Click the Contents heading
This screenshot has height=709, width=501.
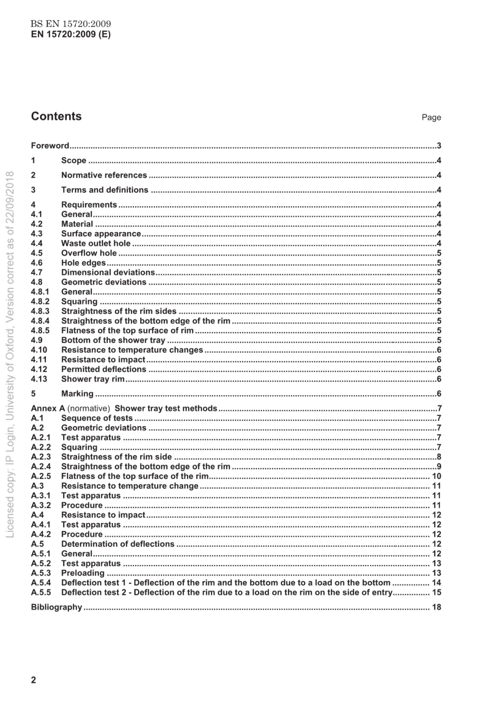tap(56, 116)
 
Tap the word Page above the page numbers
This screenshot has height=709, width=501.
tap(431, 118)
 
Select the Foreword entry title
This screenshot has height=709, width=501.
tap(50, 146)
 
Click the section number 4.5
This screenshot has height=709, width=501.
tap(36, 253)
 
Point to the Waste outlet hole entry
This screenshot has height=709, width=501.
tap(95, 244)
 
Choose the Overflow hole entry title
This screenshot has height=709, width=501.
tap(89, 253)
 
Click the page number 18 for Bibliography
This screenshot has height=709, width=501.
tap(436, 607)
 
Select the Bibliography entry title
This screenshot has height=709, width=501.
tap(56, 607)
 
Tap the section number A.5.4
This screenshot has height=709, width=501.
tap(41, 583)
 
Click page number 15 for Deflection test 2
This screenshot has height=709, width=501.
tap(436, 593)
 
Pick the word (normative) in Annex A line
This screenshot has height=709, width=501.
tap(89, 409)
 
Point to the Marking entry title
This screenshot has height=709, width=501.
tap(77, 394)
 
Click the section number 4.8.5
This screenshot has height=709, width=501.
tap(40, 331)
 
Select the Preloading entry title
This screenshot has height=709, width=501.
tap(83, 573)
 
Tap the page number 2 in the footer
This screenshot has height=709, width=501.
tap(34, 680)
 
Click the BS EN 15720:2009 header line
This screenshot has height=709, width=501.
tap(71, 24)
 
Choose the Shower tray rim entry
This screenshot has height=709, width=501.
tap(93, 379)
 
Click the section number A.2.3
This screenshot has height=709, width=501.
tap(41, 457)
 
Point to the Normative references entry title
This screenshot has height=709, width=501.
tap(104, 176)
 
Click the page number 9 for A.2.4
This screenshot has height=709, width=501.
tap(439, 467)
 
